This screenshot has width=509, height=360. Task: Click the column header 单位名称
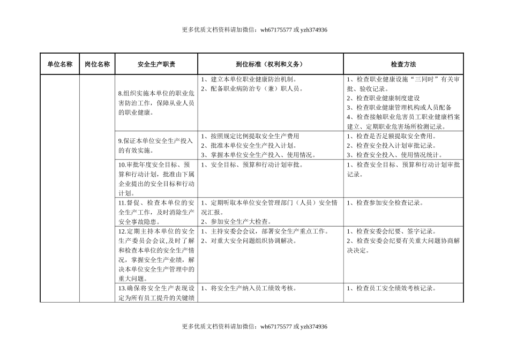[59, 64]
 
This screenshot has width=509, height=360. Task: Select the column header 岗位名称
[98, 64]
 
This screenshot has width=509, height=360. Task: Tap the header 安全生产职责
[156, 64]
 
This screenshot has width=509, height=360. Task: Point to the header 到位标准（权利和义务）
[271, 64]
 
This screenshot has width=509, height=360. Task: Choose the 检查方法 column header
[403, 64]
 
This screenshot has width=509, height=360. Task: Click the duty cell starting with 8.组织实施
[156, 102]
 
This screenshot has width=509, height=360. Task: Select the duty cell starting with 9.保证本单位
[156, 146]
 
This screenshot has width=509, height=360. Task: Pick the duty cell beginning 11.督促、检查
[156, 212]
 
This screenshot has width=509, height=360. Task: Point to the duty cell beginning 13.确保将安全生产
[156, 293]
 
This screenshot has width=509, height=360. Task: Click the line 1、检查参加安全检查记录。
[385, 203]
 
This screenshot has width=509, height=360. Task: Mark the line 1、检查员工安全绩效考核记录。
[391, 288]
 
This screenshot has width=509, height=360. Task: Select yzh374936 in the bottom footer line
[314, 326]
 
